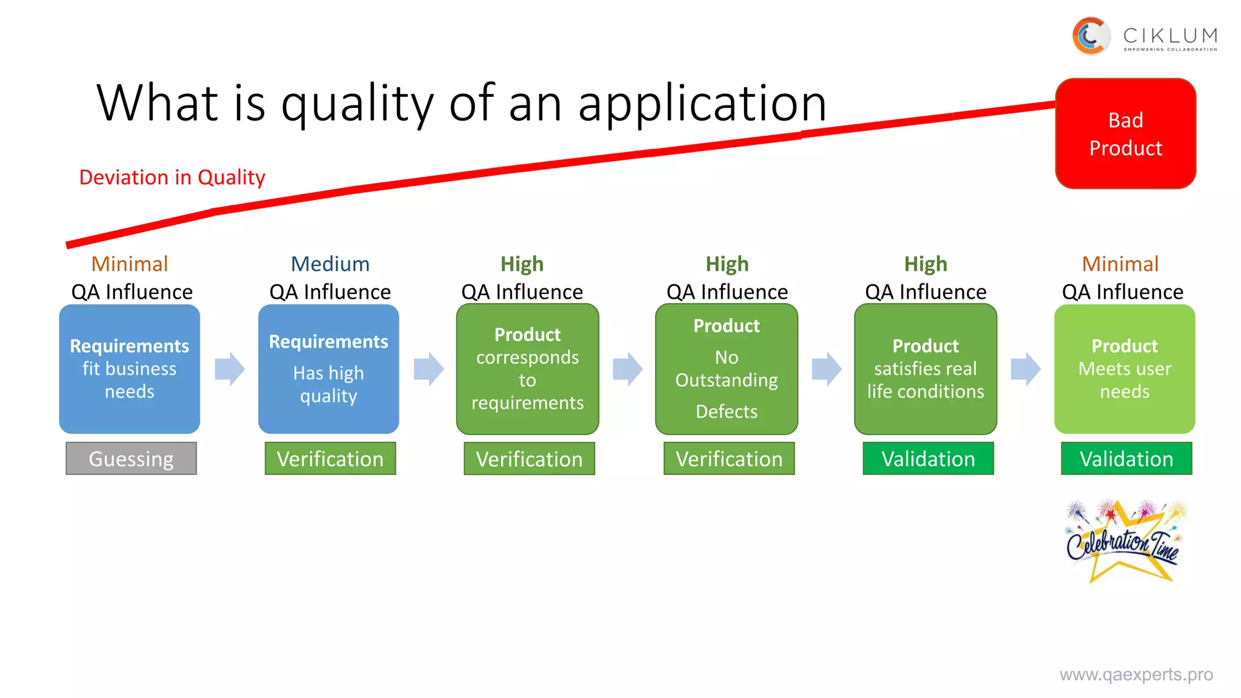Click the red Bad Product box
(x=1125, y=133)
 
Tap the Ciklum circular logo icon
(x=1091, y=36)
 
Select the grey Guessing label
(x=131, y=459)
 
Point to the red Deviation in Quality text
(x=172, y=178)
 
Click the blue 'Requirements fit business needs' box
(x=130, y=369)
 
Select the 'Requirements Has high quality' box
(x=328, y=369)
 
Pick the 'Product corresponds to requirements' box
(x=527, y=369)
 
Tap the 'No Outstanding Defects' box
(x=727, y=369)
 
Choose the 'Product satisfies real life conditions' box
(x=925, y=369)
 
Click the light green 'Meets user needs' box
(x=1125, y=369)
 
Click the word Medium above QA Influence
(x=330, y=264)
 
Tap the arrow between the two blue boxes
(x=230, y=369)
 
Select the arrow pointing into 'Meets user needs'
(x=1025, y=369)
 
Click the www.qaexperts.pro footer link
(x=1136, y=674)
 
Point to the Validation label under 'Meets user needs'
(x=1126, y=459)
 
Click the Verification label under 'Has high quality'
(x=330, y=459)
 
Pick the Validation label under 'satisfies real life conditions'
(x=928, y=459)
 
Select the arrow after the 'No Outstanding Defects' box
(x=827, y=369)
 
